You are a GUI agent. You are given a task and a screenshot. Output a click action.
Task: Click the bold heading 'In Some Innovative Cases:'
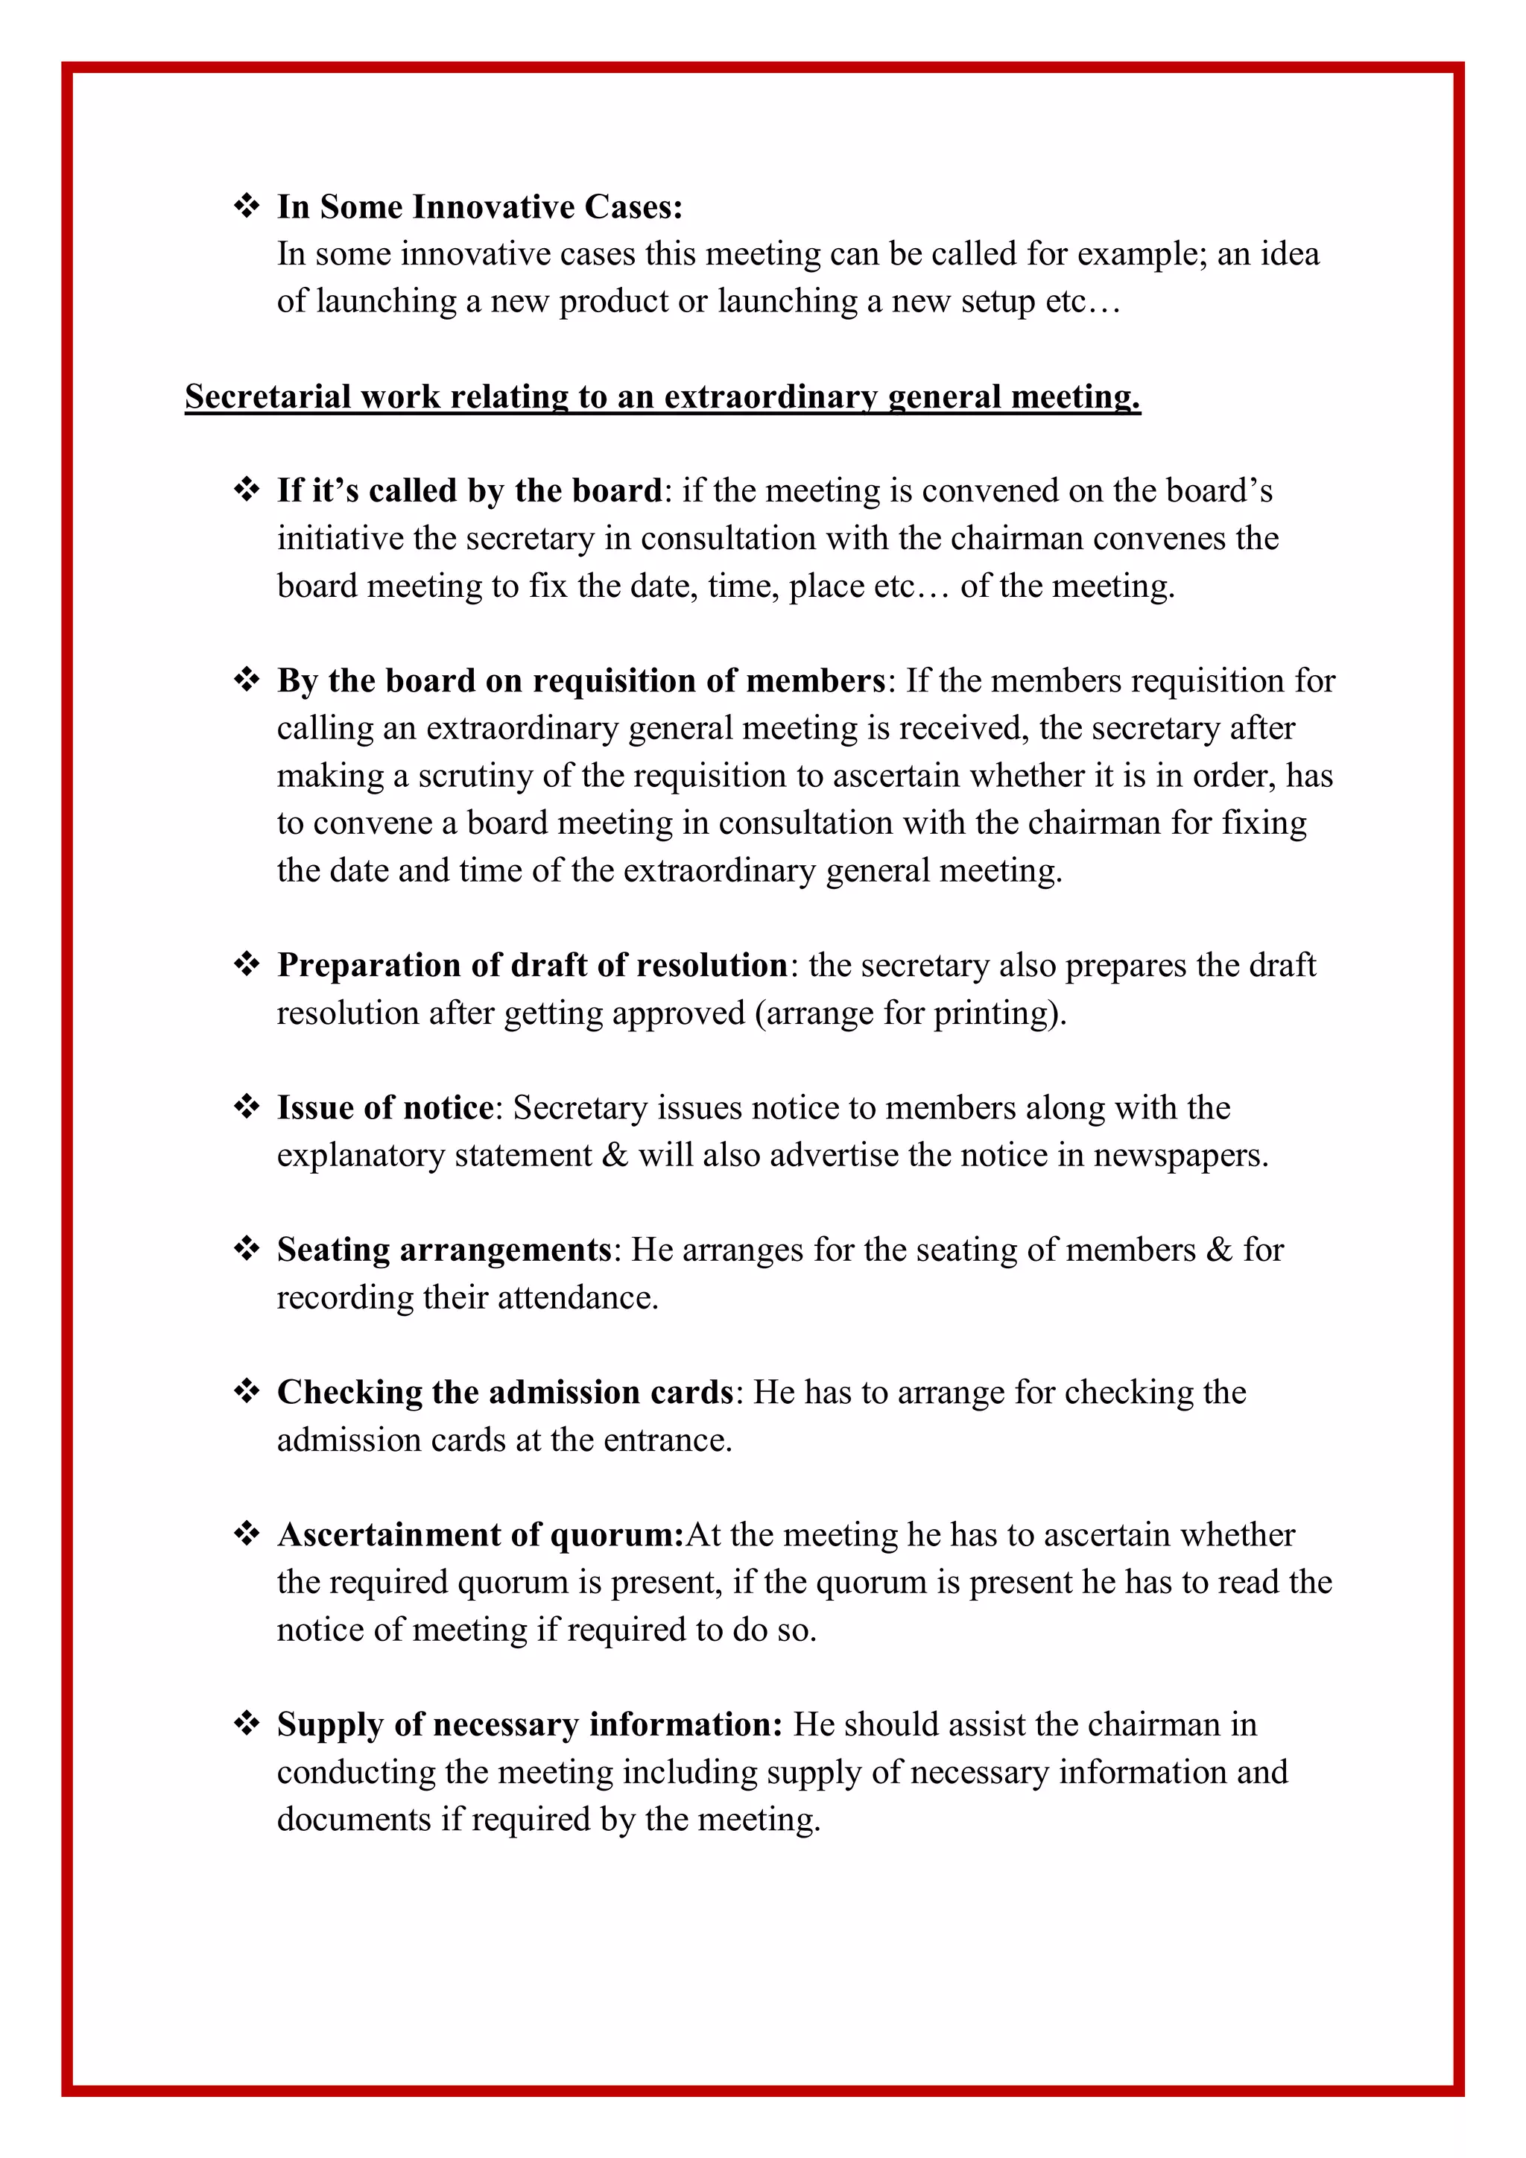(479, 206)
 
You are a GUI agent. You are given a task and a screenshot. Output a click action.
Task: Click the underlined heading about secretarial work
(662, 396)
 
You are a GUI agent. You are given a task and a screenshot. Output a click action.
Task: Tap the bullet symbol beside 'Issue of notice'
(246, 1107)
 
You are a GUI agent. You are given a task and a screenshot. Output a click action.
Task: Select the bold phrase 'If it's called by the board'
(469, 490)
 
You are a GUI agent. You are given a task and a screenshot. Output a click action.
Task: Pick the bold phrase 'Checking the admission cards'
(504, 1392)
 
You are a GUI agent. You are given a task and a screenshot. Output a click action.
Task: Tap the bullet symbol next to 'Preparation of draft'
(246, 964)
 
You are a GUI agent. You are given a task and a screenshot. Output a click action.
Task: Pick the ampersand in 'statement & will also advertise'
(615, 1155)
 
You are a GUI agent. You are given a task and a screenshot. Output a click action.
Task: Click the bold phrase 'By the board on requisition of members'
(580, 680)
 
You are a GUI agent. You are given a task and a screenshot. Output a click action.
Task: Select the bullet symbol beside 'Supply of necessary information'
(246, 1724)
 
